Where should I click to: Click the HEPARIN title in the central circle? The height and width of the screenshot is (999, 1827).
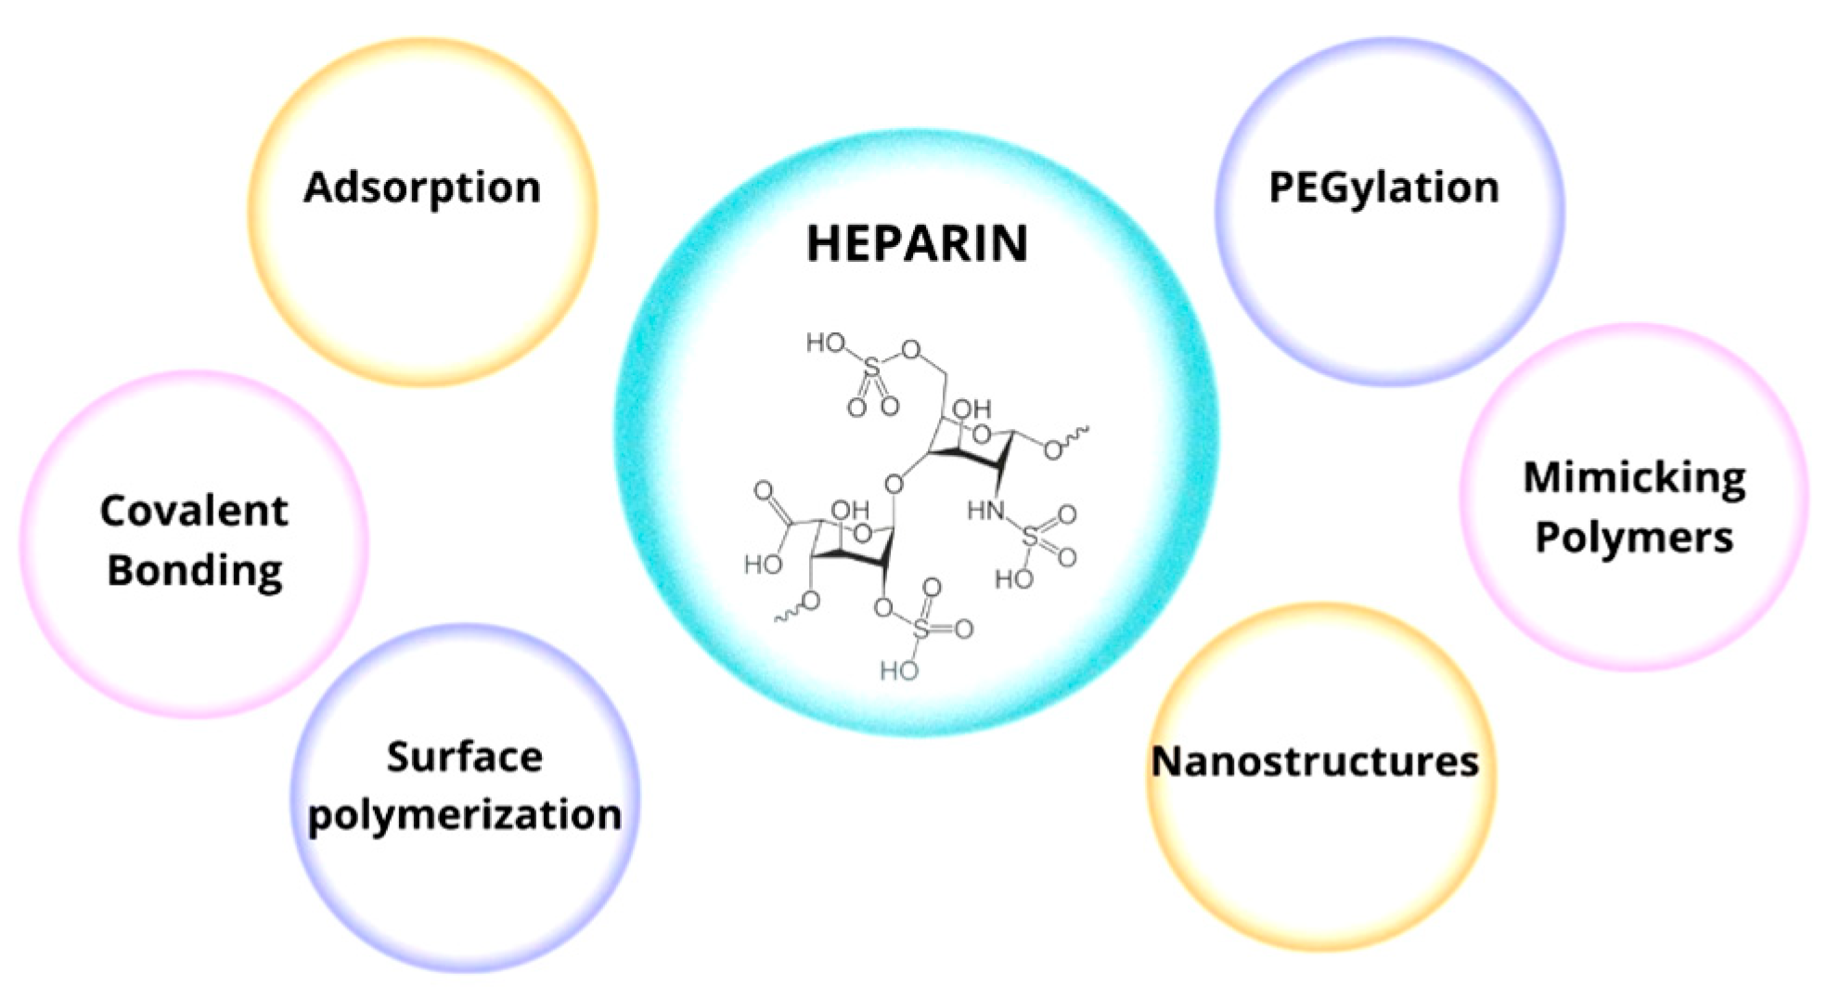pyautogui.click(x=917, y=242)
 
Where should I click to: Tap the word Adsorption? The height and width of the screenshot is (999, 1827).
pyautogui.click(x=422, y=188)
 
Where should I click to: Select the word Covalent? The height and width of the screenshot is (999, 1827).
pyautogui.click(x=194, y=511)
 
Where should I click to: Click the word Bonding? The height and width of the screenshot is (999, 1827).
pyautogui.click(x=194, y=570)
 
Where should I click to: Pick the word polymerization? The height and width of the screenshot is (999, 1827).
pyautogui.click(x=464, y=815)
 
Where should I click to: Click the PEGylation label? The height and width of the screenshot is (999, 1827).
pyautogui.click(x=1383, y=188)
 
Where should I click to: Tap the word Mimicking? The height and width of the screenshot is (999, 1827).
pyautogui.click(x=1634, y=477)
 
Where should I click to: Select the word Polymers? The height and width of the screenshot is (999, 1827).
pyautogui.click(x=1634, y=538)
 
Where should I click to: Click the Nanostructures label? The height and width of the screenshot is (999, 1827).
pyautogui.click(x=1315, y=761)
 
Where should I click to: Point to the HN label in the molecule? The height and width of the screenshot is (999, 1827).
pyautogui.click(x=985, y=510)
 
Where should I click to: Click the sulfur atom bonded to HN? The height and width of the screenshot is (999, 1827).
pyautogui.click(x=1031, y=536)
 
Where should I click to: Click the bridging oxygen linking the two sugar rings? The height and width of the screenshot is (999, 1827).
pyautogui.click(x=893, y=484)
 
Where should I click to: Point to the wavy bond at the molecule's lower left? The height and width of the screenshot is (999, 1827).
pyautogui.click(x=787, y=615)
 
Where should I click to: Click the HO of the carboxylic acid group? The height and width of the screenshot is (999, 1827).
pyautogui.click(x=763, y=564)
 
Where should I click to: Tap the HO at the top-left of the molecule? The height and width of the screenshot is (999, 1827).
pyautogui.click(x=825, y=344)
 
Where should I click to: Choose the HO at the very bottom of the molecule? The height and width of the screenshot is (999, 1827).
pyautogui.click(x=898, y=669)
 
